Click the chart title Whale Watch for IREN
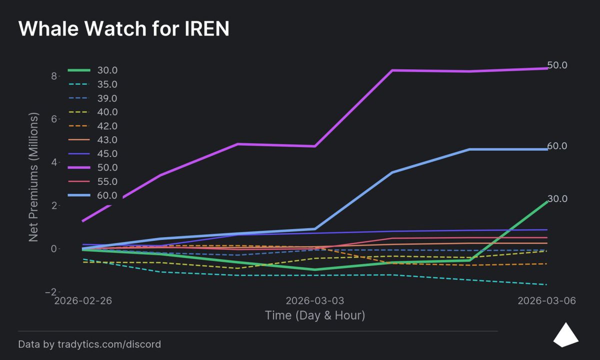pos(123,29)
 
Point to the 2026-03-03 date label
pos(314,301)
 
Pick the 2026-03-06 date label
pos(546,301)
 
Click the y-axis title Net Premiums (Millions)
pos(33,177)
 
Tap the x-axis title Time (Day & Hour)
pos(314,315)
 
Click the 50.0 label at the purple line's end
pos(557,65)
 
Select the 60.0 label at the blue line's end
pos(557,146)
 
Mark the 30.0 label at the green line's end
pos(557,199)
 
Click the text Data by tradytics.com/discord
pos(89,344)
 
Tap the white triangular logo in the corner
pos(565,335)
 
